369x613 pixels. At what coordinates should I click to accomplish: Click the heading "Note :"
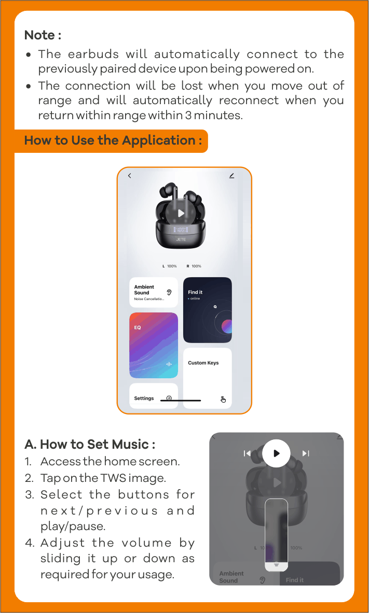pyautogui.click(x=43, y=35)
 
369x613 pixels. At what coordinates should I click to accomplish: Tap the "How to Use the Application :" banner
pyautogui.click(x=111, y=141)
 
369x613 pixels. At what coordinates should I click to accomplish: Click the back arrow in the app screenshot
pyautogui.click(x=130, y=176)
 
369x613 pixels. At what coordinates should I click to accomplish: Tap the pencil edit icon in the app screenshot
pyautogui.click(x=231, y=176)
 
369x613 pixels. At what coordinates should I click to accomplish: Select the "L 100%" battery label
pyautogui.click(x=170, y=266)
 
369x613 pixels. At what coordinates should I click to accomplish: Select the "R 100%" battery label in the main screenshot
pyautogui.click(x=194, y=266)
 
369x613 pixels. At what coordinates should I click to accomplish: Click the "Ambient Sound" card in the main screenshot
pyautogui.click(x=154, y=292)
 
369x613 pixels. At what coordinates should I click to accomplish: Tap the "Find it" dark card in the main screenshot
pyautogui.click(x=208, y=310)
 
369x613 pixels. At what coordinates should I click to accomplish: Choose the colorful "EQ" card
pyautogui.click(x=154, y=346)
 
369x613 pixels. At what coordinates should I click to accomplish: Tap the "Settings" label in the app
pyautogui.click(x=144, y=398)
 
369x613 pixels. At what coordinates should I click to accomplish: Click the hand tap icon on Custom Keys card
pyautogui.click(x=223, y=399)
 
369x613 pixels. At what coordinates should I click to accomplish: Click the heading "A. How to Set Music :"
pyautogui.click(x=90, y=445)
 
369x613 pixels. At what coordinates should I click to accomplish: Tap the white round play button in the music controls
pyautogui.click(x=276, y=453)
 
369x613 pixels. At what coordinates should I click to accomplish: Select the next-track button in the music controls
pyautogui.click(x=306, y=453)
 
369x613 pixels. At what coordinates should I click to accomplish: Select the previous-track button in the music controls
pyautogui.click(x=247, y=453)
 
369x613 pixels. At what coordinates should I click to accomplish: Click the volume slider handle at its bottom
pyautogui.click(x=277, y=565)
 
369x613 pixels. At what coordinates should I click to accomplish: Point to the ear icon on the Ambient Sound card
pyautogui.click(x=169, y=292)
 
